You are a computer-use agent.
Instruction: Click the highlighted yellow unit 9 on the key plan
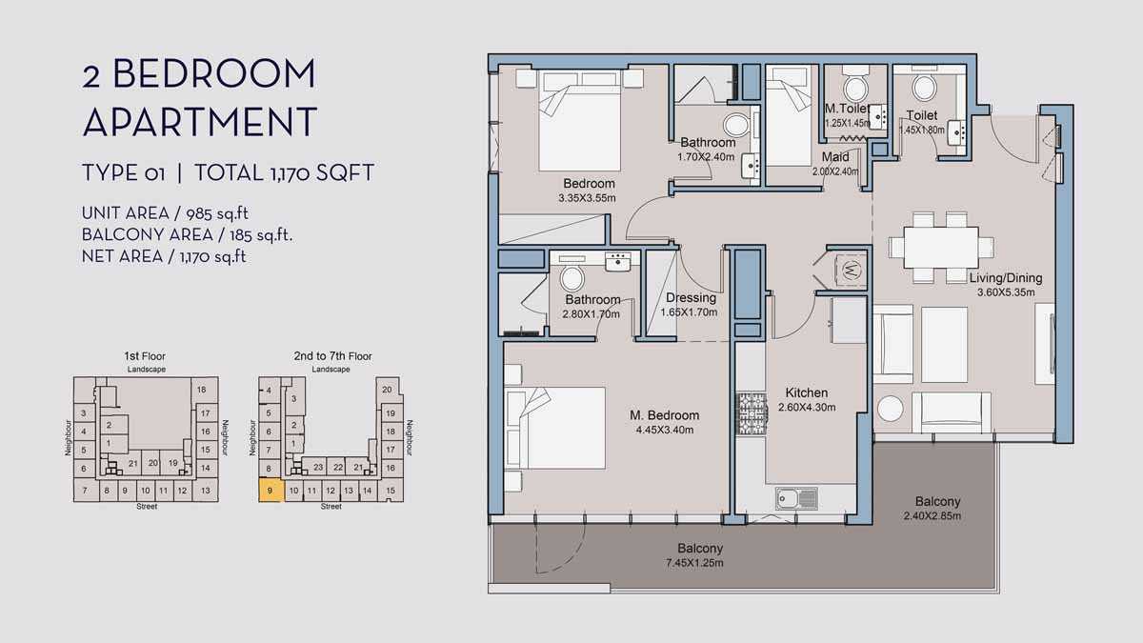pyautogui.click(x=270, y=491)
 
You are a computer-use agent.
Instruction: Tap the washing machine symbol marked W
pyautogui.click(x=851, y=269)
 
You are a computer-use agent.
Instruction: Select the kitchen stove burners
pyautogui.click(x=752, y=413)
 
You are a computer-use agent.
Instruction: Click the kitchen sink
pyautogui.click(x=796, y=498)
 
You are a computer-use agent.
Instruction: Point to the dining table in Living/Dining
pyautogui.click(x=941, y=248)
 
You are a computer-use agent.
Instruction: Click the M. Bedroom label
pyautogui.click(x=665, y=415)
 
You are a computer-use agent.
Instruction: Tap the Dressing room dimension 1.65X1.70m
pyautogui.click(x=689, y=312)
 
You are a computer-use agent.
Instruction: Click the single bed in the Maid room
pyautogui.click(x=789, y=116)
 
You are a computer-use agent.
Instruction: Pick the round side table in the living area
pyautogui.click(x=891, y=409)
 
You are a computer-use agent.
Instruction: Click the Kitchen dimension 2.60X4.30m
pyautogui.click(x=807, y=408)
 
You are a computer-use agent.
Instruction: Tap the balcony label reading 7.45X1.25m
pyautogui.click(x=694, y=563)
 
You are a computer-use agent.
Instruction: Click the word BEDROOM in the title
pyautogui.click(x=214, y=73)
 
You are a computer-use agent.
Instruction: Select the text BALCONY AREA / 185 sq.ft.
pyautogui.click(x=187, y=234)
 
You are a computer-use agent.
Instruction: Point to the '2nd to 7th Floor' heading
pyautogui.click(x=332, y=356)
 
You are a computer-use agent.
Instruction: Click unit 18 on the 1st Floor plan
pyautogui.click(x=202, y=390)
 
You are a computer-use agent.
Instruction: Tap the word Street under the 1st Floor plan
pyautogui.click(x=147, y=506)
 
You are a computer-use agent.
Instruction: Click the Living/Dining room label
pyautogui.click(x=1006, y=278)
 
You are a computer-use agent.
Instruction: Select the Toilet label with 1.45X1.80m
pyautogui.click(x=922, y=123)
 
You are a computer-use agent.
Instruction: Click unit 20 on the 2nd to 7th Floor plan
pyautogui.click(x=387, y=390)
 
